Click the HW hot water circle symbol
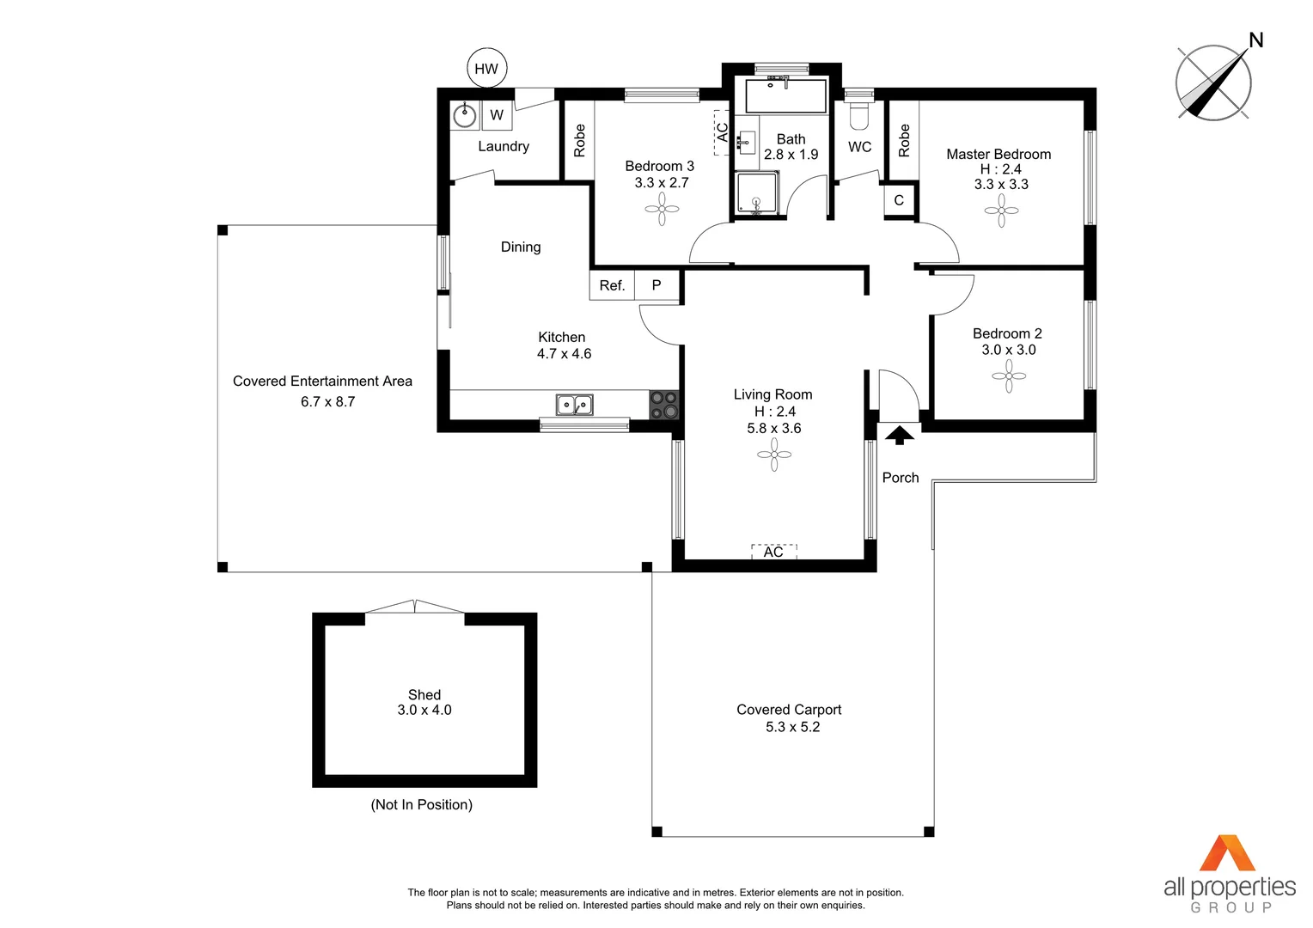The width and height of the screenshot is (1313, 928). pos(486,69)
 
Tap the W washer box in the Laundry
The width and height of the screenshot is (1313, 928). pos(497,115)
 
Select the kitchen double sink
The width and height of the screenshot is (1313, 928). pos(574,404)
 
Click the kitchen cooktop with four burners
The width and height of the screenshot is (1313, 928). pos(663,405)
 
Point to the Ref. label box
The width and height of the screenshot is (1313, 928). pos(612,285)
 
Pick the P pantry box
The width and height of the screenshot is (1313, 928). pos(656,285)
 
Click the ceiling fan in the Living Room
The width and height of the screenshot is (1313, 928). pos(774,455)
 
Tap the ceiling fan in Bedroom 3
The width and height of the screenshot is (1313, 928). pos(662,209)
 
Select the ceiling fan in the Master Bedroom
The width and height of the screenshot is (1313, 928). pos(1001,211)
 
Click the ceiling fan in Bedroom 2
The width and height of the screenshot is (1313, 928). pos(1009,375)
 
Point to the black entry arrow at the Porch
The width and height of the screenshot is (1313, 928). pos(900,435)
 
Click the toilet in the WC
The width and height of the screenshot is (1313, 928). pos(859,114)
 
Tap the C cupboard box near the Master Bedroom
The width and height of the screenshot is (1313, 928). pos(899,200)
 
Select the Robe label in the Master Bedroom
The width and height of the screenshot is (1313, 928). pos(904,140)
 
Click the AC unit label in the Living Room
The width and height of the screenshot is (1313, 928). pos(773,552)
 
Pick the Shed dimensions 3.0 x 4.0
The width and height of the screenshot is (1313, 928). pos(424,711)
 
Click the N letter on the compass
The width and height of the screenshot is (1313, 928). pos(1255,40)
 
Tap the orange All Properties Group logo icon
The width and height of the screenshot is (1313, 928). pos(1227,853)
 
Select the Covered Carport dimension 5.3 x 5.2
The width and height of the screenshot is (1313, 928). pos(792,727)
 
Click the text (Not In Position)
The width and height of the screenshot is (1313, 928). pos(422,805)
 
